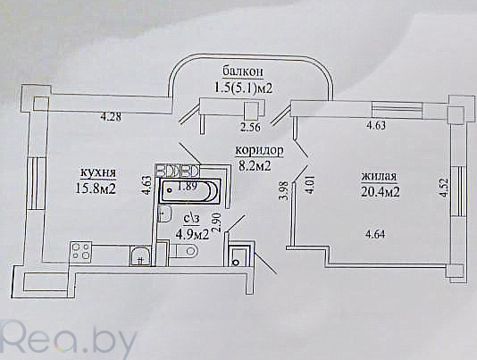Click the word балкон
tap(243, 71)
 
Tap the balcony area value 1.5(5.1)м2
tap(243, 88)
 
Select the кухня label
tap(97, 172)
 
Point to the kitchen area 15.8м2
tap(96, 188)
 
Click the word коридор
tap(259, 150)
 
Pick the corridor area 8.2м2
tap(255, 166)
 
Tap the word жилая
tap(379, 176)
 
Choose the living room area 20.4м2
tap(381, 192)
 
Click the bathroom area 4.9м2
tap(192, 234)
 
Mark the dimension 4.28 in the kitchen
tap(111, 116)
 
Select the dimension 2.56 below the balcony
tap(250, 127)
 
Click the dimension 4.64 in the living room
tap(376, 234)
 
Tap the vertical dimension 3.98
tap(284, 190)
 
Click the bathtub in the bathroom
tap(189, 191)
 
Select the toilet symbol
tap(184, 250)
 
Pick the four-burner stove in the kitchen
tap(80, 251)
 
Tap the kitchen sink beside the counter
tap(140, 255)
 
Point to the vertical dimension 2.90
tap(217, 222)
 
